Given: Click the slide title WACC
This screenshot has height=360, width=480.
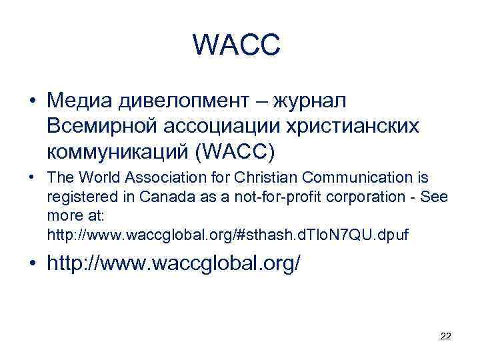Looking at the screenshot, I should [x=237, y=45].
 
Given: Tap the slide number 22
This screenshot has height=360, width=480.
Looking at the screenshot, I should [x=446, y=337].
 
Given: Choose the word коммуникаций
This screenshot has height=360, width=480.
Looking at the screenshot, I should [x=117, y=151].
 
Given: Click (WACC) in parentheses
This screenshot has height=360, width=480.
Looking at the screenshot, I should [x=231, y=151].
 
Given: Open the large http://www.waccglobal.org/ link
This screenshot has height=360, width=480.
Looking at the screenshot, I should [x=174, y=264].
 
